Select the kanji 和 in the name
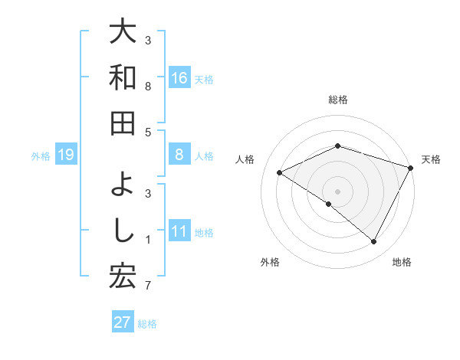pos(123,77)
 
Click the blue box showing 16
pos(179,78)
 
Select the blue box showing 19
pos(66,155)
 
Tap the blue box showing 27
pos(123,322)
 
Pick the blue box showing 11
pos(179,231)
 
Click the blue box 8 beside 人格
pos(179,155)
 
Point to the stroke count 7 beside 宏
pos(148,287)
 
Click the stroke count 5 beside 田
pos(148,133)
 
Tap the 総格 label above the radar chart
pos(338,100)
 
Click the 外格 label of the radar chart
pos(270,263)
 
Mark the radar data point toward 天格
pos(410,168)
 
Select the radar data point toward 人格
pos(280,172)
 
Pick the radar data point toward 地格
pos(374,242)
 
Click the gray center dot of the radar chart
pos(338,191)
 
